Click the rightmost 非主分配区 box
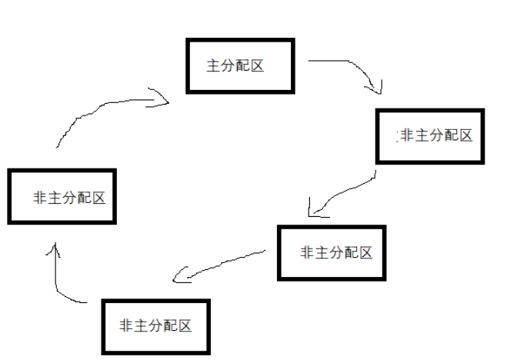point(430,136)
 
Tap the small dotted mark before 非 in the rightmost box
point(398,136)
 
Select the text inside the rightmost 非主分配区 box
point(435,136)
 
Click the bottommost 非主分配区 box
point(156,326)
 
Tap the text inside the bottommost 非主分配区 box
point(156,326)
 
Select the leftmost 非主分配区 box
point(62,197)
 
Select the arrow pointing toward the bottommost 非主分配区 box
point(223,263)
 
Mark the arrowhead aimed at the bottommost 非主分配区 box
point(179,275)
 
